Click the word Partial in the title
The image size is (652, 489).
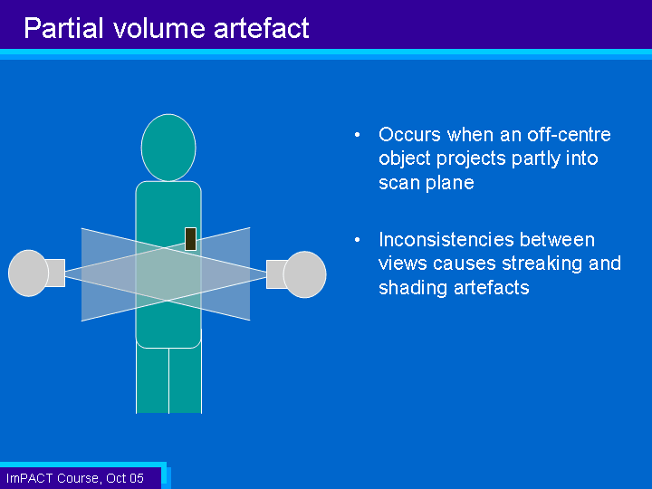click(x=63, y=28)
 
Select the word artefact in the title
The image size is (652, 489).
click(x=261, y=28)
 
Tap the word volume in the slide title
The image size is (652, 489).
click(x=159, y=28)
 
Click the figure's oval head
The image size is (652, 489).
click(x=168, y=148)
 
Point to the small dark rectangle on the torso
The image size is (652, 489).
click(x=190, y=239)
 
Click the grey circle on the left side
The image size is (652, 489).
click(x=28, y=273)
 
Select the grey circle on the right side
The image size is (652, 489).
click(x=305, y=274)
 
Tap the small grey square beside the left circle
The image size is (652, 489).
click(x=55, y=273)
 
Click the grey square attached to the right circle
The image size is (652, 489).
click(x=276, y=274)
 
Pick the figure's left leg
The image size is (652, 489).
click(x=153, y=379)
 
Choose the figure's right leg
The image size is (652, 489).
click(x=186, y=379)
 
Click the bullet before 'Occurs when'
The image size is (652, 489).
click(x=357, y=135)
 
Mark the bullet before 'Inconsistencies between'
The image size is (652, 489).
click(x=357, y=240)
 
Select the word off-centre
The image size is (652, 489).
click(x=569, y=135)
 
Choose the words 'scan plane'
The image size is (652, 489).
click(x=427, y=183)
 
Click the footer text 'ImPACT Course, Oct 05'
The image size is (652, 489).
click(x=75, y=478)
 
